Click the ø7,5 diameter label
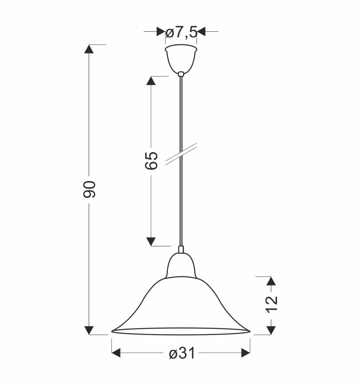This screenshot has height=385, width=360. tap(181, 33)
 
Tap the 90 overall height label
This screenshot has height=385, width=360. tap(89, 189)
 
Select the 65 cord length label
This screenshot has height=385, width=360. tap(151, 161)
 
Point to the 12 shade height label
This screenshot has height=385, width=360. tap(271, 304)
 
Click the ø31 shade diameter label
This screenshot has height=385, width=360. tap(182, 353)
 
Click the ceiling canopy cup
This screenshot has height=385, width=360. tap(181, 59)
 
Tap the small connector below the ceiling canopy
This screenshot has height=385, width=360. tap(181, 74)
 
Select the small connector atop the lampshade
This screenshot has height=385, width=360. tap(181, 249)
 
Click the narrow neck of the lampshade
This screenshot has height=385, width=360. tap(181, 266)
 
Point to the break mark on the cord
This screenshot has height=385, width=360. tap(181, 154)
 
